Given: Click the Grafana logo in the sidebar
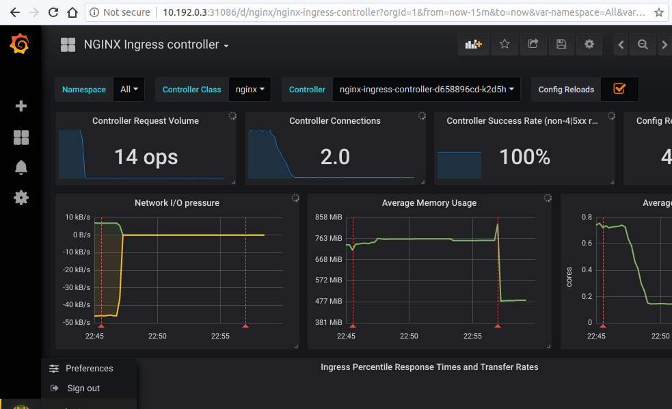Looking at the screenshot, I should pyautogui.click(x=20, y=45).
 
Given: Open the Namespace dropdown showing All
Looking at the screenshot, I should pyautogui.click(x=129, y=90).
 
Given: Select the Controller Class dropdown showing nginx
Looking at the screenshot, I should pyautogui.click(x=250, y=90).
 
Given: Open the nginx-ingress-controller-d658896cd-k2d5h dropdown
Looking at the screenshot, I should pyautogui.click(x=427, y=90).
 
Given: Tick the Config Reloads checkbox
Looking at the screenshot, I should pyautogui.click(x=619, y=89).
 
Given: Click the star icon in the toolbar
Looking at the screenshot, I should pyautogui.click(x=505, y=44).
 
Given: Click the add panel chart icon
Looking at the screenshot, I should pyautogui.click(x=473, y=44).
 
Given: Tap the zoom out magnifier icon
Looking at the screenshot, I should pyautogui.click(x=643, y=44).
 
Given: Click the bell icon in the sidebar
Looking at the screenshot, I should pyautogui.click(x=21, y=168).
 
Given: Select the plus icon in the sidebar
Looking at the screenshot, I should pyautogui.click(x=21, y=106).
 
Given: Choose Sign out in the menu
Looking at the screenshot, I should pyautogui.click(x=83, y=388).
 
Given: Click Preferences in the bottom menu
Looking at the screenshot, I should pyautogui.click(x=89, y=369).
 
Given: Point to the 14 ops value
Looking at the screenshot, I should pyautogui.click(x=146, y=157).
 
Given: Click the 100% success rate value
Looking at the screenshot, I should pyautogui.click(x=524, y=157).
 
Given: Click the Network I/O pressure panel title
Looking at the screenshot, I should pyautogui.click(x=177, y=203).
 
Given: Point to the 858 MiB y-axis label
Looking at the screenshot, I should pyautogui.click(x=328, y=217).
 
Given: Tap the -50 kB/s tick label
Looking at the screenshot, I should pyautogui.click(x=77, y=322).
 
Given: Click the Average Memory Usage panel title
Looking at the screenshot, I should pyautogui.click(x=429, y=203).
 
